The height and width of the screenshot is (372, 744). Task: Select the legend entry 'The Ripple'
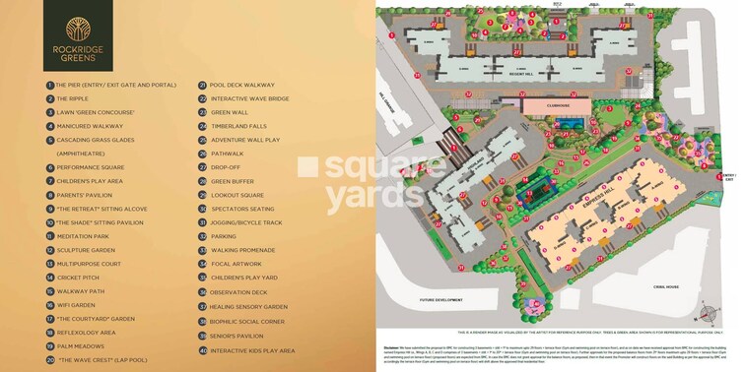[74, 98]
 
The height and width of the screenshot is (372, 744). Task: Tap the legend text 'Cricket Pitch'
[80, 278]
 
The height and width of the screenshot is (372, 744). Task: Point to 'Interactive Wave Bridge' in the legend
[257, 98]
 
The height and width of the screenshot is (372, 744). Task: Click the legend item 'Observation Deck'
[247, 292]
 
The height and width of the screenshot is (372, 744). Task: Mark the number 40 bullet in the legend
[202, 349]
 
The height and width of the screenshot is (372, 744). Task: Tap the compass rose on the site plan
[705, 314]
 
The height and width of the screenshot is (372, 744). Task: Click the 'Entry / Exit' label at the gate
[730, 178]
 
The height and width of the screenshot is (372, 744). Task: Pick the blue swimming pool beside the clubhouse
[567, 123]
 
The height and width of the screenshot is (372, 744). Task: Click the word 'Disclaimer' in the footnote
[392, 347]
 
